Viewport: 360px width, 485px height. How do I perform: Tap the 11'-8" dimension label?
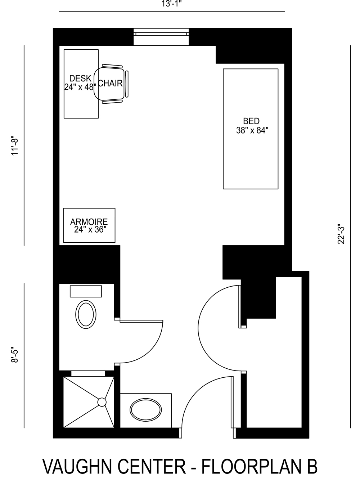click(x=15, y=145)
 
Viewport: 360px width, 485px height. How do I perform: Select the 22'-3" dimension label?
click(x=341, y=234)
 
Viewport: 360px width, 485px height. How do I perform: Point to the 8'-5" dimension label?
click(x=15, y=355)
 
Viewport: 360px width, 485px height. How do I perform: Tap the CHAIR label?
click(x=110, y=84)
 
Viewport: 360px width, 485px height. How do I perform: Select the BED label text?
click(x=251, y=121)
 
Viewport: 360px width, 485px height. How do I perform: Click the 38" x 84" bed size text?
click(x=252, y=130)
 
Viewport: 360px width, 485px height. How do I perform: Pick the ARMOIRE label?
click(x=89, y=222)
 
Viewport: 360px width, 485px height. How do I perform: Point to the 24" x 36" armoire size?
click(x=89, y=230)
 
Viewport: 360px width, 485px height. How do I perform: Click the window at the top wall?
click(x=161, y=34)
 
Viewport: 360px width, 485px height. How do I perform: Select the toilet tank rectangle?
click(x=86, y=291)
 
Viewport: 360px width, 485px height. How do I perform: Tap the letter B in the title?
click(x=312, y=467)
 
